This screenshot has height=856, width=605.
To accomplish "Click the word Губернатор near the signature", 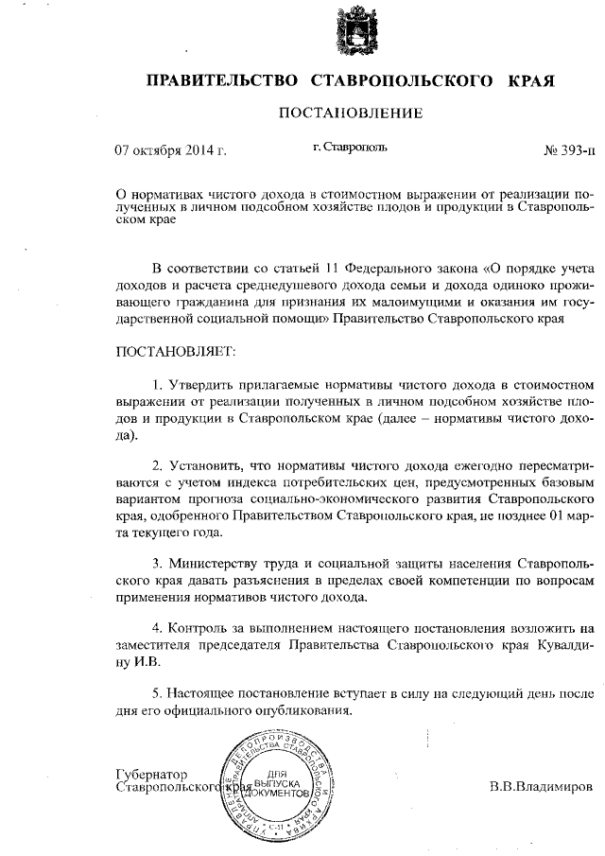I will (151, 773).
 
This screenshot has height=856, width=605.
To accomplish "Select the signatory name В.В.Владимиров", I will (542, 787).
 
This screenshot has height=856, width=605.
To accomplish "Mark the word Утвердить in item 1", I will (201, 386).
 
